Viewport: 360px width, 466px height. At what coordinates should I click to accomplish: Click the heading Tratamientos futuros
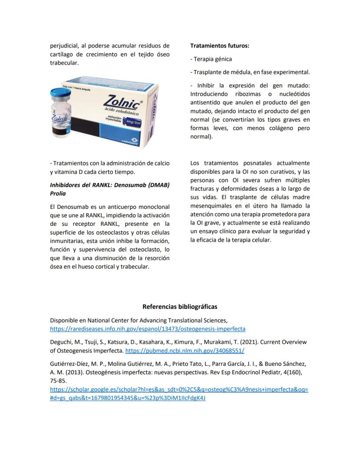pyautogui.click(x=220, y=45)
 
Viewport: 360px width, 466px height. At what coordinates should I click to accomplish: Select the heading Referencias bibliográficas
pyautogui.click(x=180, y=307)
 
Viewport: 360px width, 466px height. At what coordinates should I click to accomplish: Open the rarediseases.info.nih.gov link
pyautogui.click(x=147, y=329)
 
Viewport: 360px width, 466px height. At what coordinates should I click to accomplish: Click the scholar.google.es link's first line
pyautogui.click(x=179, y=389)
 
